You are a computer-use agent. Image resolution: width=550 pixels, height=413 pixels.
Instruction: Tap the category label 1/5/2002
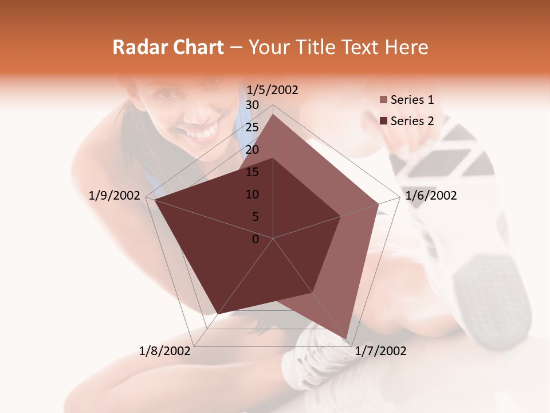click(272, 89)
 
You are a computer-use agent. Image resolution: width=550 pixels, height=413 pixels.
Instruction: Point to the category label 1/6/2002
click(431, 196)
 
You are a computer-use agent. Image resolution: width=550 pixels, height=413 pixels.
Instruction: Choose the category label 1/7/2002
click(380, 351)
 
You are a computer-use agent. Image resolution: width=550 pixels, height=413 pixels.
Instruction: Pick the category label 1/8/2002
click(165, 351)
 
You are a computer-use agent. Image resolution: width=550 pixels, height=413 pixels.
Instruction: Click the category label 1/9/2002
click(115, 196)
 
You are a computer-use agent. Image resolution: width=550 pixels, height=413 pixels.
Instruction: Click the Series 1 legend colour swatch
click(383, 100)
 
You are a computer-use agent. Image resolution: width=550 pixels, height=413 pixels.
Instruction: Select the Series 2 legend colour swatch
click(383, 121)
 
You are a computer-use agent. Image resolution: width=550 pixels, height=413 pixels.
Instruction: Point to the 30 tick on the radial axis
click(252, 105)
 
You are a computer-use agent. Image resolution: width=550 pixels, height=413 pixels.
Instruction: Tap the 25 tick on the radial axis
click(252, 127)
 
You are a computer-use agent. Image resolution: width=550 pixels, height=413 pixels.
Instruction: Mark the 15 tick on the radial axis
click(252, 172)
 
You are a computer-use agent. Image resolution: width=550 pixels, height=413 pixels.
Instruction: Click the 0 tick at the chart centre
click(256, 239)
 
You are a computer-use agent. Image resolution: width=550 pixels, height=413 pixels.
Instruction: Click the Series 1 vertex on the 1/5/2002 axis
click(273, 114)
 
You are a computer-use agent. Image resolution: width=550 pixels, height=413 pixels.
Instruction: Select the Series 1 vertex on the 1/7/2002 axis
click(346, 338)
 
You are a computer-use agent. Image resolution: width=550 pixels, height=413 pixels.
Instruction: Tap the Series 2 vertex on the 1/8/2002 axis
click(216, 314)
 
